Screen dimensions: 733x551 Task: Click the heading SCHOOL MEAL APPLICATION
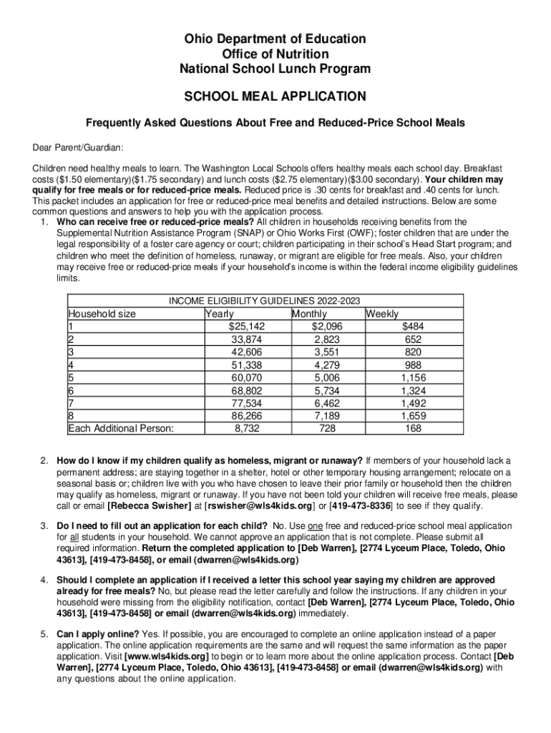coord(275,96)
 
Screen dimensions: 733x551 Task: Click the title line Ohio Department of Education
coord(275,39)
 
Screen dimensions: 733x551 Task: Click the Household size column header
coord(102,314)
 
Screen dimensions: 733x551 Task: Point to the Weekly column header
coord(383,314)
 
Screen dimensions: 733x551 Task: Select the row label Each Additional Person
coord(122,428)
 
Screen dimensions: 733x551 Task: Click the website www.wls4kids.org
coord(166,656)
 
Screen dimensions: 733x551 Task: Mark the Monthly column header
coord(309,314)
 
